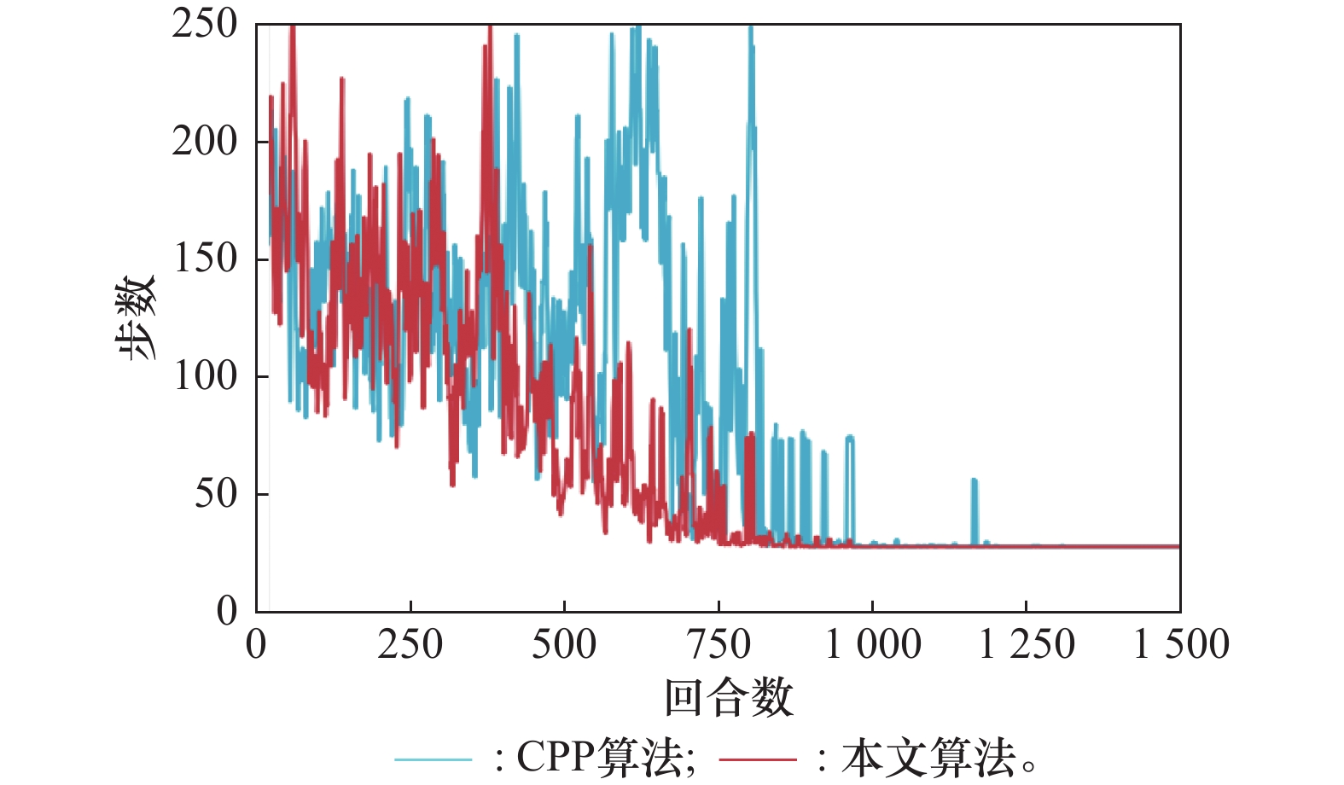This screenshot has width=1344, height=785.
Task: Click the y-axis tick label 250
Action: [205, 24]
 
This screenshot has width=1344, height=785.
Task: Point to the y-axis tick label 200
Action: [205, 142]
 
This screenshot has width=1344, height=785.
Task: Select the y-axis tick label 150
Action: [205, 259]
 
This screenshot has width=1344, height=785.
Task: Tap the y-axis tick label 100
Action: [205, 376]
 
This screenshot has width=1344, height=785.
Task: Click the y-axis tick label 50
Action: [216, 494]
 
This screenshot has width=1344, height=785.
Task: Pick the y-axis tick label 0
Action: [227, 611]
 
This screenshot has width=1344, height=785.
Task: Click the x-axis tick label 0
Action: [256, 645]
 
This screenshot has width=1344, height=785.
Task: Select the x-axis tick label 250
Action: [410, 645]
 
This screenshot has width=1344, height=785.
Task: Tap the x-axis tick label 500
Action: [564, 645]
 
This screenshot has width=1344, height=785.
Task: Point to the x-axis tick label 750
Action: [719, 645]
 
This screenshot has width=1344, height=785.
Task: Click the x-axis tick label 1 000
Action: [873, 645]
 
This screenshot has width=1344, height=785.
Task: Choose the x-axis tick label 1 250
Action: [1027, 645]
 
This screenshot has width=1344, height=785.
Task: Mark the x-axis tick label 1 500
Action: [1181, 645]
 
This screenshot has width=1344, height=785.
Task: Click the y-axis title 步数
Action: [137, 317]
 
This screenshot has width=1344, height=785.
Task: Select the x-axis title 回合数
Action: [729, 697]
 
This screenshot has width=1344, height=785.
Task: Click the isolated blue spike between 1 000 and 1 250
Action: [974, 510]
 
